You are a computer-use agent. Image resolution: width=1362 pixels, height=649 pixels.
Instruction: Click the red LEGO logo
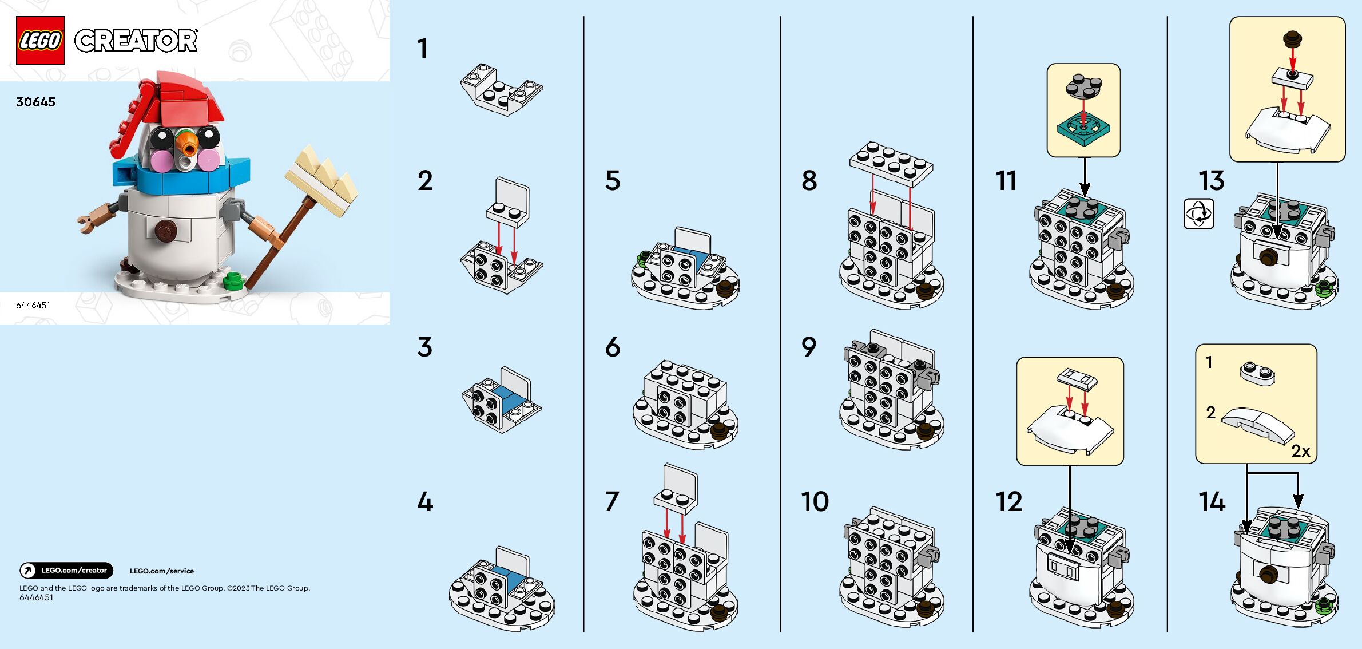[40, 41]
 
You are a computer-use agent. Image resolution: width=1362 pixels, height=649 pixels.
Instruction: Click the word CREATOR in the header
[136, 41]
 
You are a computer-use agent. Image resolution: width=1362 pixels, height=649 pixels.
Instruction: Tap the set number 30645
[36, 102]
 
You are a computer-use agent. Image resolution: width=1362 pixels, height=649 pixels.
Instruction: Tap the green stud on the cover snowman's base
[232, 280]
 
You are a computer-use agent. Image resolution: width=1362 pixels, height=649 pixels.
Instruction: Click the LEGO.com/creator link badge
[66, 571]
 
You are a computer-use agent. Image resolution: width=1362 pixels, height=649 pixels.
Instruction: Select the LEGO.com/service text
[162, 571]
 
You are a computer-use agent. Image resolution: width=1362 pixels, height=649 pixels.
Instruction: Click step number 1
[422, 49]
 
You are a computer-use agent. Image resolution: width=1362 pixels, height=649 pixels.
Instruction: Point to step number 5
[613, 180]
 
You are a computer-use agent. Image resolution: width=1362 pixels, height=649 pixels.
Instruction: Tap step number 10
[815, 502]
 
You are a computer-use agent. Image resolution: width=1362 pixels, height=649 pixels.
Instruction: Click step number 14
[1212, 502]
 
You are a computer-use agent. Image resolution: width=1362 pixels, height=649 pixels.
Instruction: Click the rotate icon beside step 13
[1198, 214]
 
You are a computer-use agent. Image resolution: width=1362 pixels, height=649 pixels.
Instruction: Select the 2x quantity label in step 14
[1300, 451]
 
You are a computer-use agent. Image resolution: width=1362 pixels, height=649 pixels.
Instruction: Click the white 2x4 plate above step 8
[891, 163]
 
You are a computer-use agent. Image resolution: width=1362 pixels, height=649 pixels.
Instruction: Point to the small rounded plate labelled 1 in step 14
[1257, 372]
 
